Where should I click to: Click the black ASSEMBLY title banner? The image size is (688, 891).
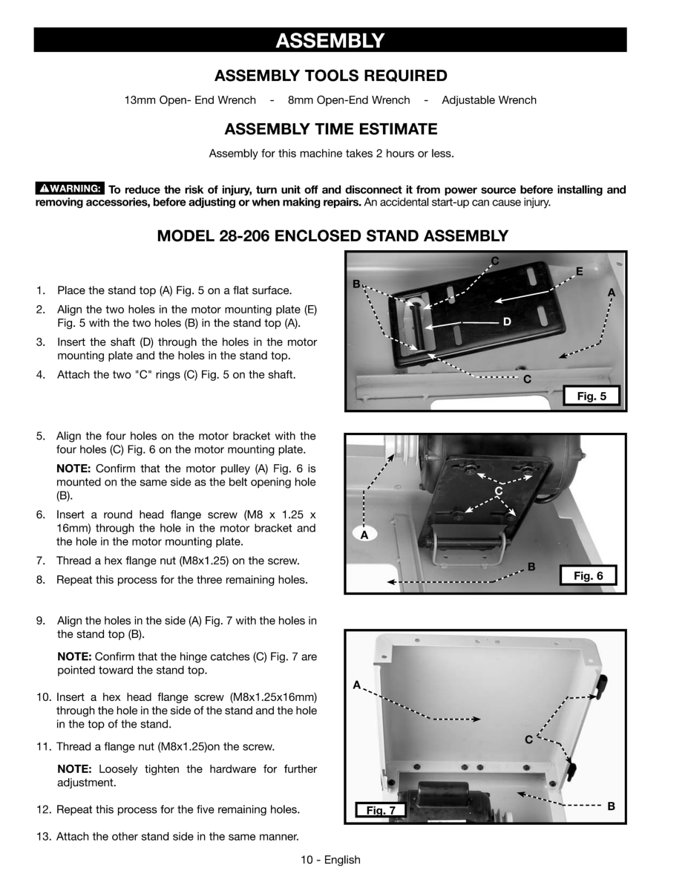pyautogui.click(x=330, y=40)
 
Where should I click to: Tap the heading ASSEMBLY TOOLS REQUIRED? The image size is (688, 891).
pyautogui.click(x=330, y=76)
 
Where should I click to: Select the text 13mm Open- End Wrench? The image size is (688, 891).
pyautogui.click(x=190, y=100)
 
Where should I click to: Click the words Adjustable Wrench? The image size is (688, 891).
pyautogui.click(x=488, y=100)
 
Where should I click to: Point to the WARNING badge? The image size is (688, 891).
pyautogui.click(x=70, y=189)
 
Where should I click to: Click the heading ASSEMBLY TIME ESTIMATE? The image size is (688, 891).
pyautogui.click(x=330, y=129)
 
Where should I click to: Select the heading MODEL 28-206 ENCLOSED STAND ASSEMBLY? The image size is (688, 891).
pyautogui.click(x=332, y=236)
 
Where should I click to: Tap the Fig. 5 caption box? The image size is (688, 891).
pyautogui.click(x=592, y=396)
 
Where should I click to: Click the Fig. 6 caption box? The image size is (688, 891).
pyautogui.click(x=589, y=575)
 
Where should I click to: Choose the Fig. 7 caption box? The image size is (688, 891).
pyautogui.click(x=381, y=810)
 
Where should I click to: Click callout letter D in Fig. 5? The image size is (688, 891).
pyautogui.click(x=507, y=322)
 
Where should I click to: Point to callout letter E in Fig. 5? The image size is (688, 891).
pyautogui.click(x=580, y=272)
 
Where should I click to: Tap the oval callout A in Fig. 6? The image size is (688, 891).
pyautogui.click(x=364, y=534)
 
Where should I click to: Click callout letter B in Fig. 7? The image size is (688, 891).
pyautogui.click(x=611, y=806)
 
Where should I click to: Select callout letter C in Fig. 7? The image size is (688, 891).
pyautogui.click(x=528, y=740)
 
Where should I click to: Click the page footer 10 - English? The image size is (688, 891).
pyautogui.click(x=330, y=860)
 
